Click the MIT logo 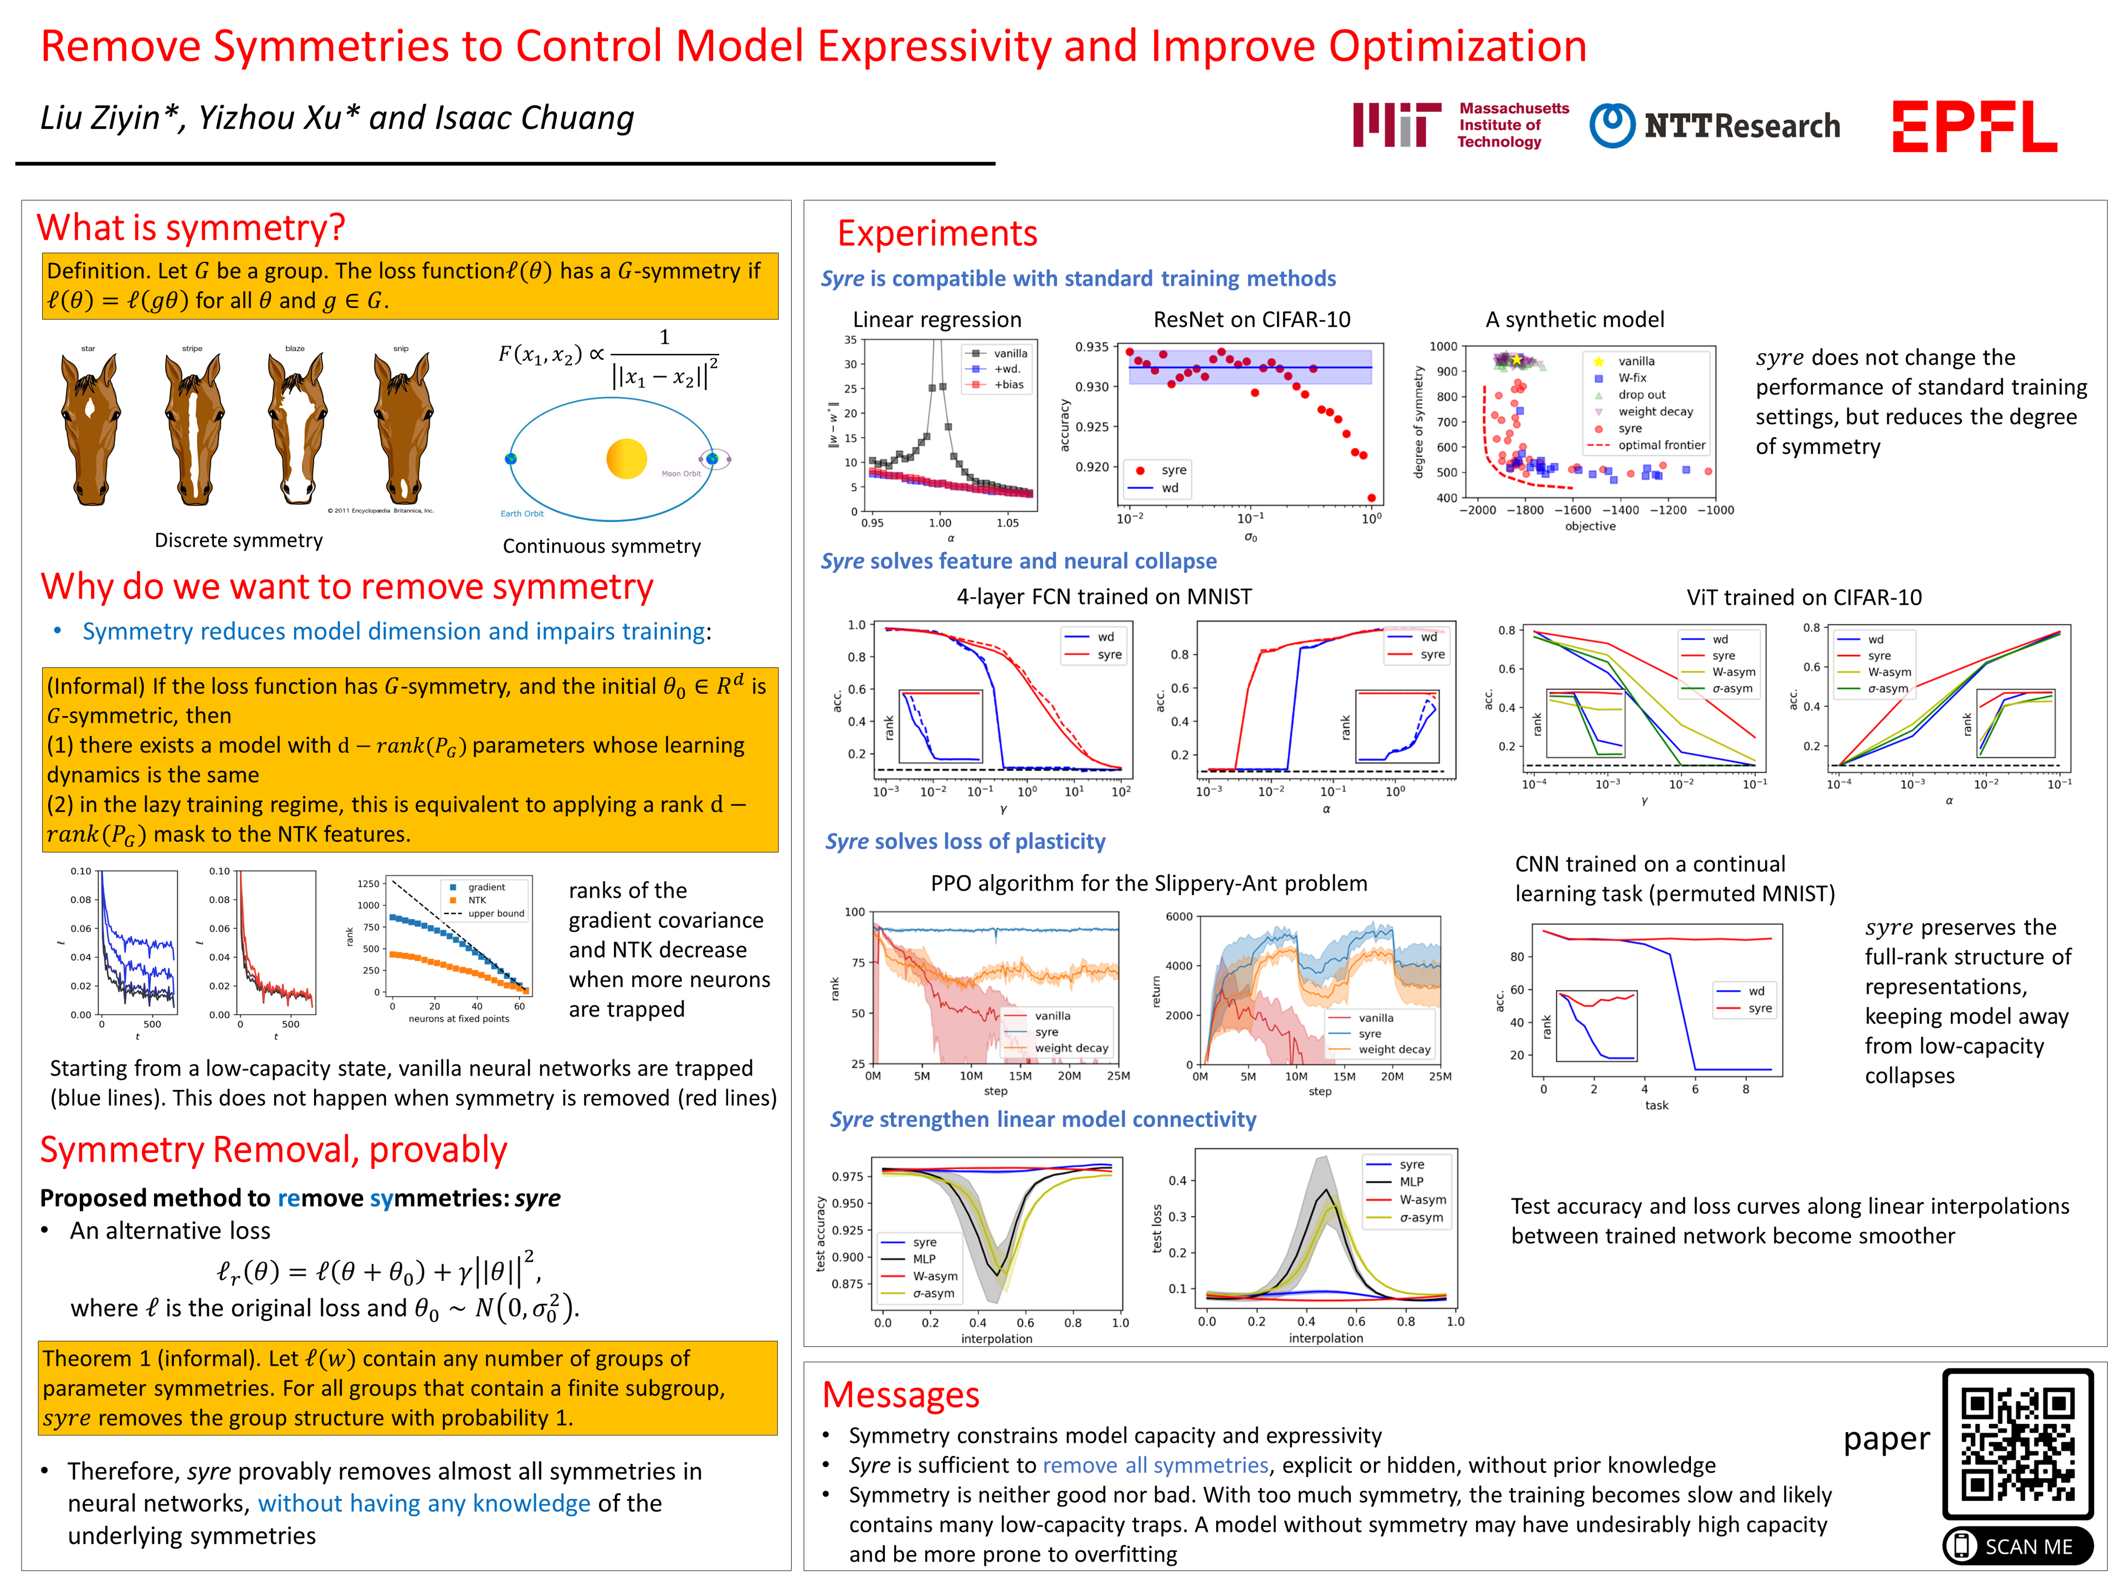[x=1460, y=126]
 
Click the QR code [x=2017, y=1443]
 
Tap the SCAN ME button [x=2017, y=1546]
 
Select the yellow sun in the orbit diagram [x=627, y=459]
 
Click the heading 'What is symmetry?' [x=191, y=228]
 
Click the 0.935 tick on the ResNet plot [x=1091, y=347]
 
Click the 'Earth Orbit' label [x=522, y=514]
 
